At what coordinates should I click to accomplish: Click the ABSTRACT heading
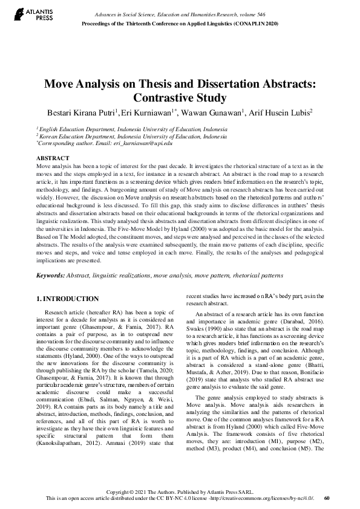[53, 157]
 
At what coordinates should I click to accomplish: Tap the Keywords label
[50, 275]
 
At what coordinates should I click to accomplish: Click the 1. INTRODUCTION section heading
[68, 299]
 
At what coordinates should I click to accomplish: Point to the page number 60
[327, 499]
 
